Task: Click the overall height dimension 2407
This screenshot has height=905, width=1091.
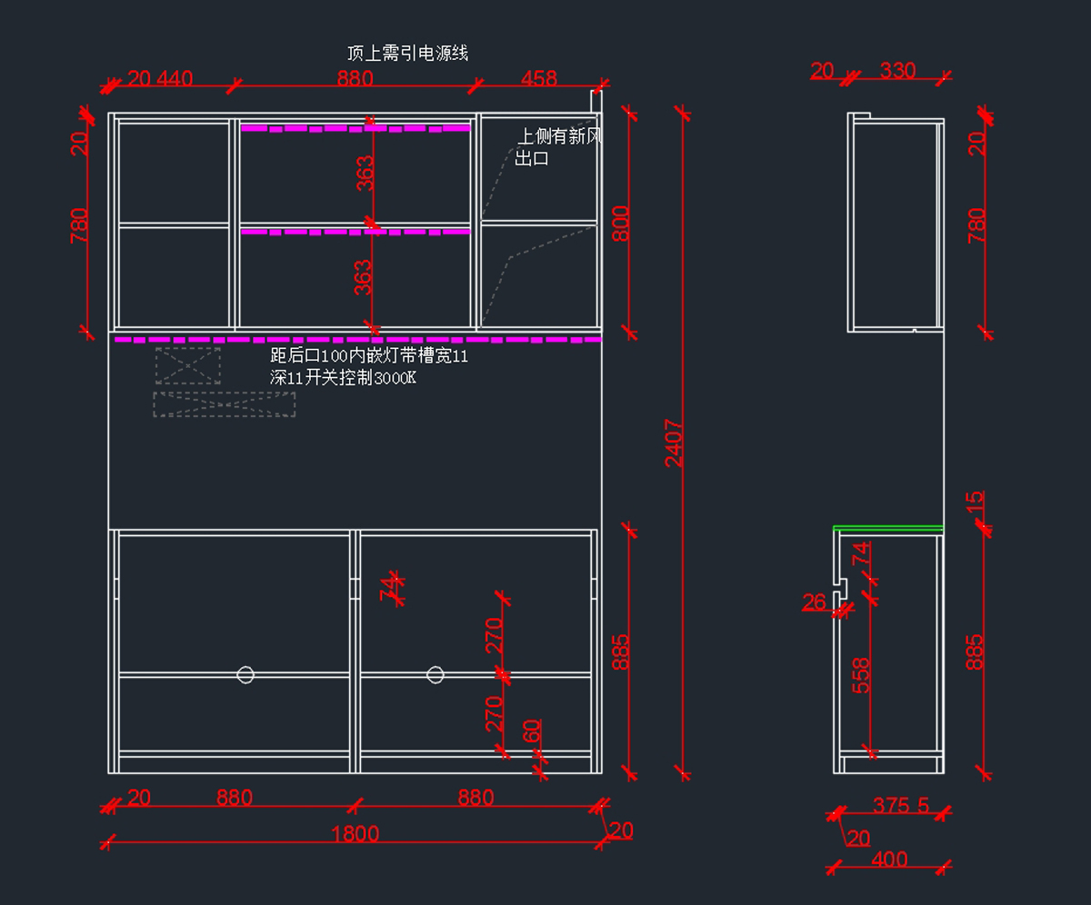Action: click(x=674, y=443)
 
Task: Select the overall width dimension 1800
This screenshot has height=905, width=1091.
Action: click(x=355, y=834)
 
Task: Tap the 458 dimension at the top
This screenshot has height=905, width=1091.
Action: click(x=538, y=79)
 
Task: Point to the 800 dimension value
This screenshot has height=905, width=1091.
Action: click(x=621, y=224)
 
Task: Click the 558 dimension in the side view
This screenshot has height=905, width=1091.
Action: click(x=861, y=675)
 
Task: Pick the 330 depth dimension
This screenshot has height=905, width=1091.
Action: click(x=897, y=71)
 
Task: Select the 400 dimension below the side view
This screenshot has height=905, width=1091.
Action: click(x=889, y=859)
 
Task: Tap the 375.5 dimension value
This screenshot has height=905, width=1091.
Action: click(x=900, y=805)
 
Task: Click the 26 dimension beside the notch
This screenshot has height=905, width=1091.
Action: click(x=815, y=602)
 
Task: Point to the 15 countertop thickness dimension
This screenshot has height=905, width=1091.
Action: click(x=974, y=501)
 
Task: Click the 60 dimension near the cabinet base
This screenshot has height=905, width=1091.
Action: click(x=533, y=730)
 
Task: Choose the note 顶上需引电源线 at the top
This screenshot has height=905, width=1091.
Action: click(x=407, y=54)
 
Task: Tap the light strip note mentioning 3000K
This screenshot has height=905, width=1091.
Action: click(x=369, y=367)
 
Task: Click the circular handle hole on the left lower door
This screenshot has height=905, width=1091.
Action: click(x=245, y=674)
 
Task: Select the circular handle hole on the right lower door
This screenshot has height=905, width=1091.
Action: click(x=435, y=674)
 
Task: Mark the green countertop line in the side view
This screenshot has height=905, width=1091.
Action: click(x=889, y=528)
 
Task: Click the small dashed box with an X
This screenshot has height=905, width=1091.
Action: click(x=188, y=365)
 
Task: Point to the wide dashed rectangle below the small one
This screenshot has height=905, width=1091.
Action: click(x=225, y=404)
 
